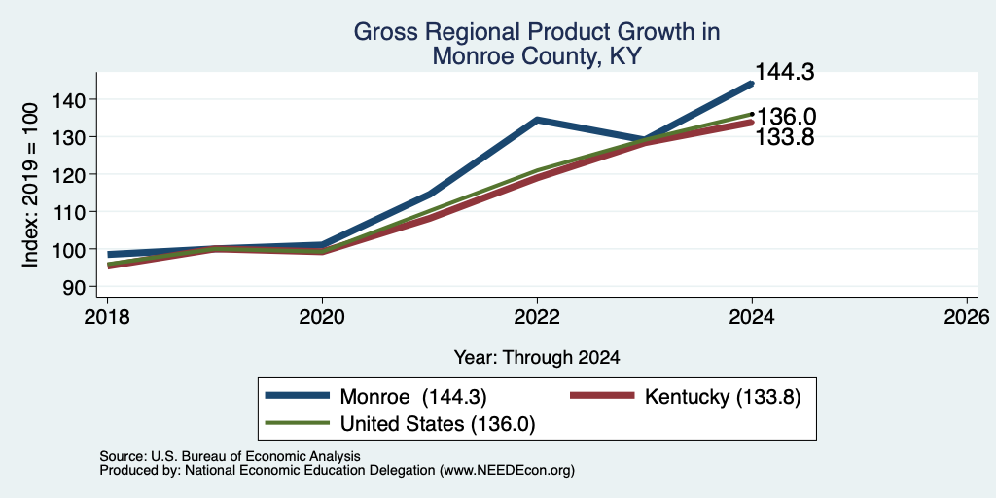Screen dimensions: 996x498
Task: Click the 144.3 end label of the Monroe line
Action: [785, 72]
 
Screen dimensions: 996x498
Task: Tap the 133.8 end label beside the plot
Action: [785, 136]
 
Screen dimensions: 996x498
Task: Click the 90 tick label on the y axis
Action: [73, 287]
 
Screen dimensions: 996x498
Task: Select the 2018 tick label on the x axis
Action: [107, 316]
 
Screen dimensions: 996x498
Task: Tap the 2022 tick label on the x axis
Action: [537, 316]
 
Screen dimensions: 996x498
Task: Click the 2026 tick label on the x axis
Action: [967, 316]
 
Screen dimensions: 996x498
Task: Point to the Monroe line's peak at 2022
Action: [537, 120]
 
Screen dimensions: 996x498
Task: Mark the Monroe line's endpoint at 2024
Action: [752, 84]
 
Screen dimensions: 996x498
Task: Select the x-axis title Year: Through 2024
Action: [537, 357]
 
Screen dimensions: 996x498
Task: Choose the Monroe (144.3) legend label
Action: [413, 397]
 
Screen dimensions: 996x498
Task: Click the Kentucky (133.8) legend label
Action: [723, 397]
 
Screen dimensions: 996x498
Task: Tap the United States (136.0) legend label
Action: [438, 424]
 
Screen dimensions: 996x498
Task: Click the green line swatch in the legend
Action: [298, 423]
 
